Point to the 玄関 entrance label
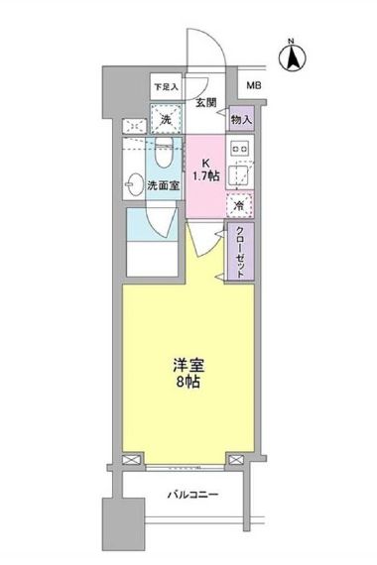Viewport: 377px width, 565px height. (205, 102)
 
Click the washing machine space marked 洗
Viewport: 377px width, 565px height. (167, 121)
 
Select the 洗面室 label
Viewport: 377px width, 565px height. (164, 184)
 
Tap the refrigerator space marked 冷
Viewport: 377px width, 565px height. (239, 205)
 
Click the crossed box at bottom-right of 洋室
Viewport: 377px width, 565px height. (237, 460)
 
